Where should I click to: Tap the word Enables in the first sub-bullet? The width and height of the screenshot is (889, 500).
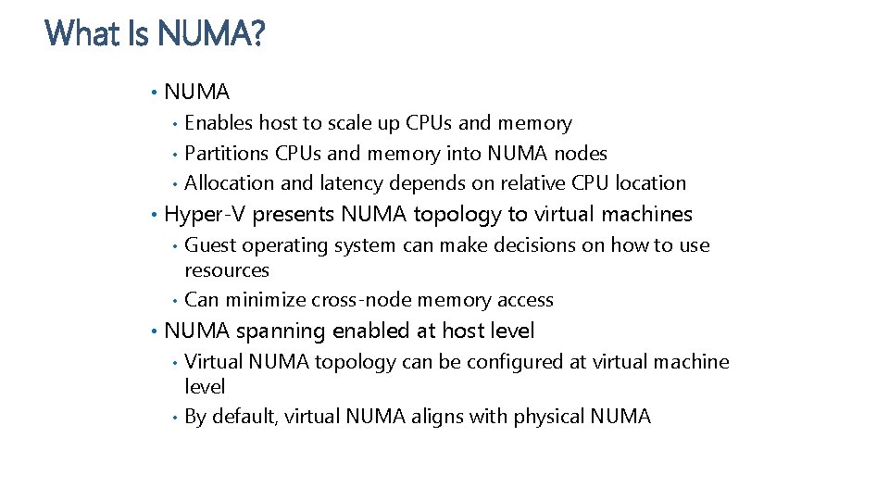click(219, 123)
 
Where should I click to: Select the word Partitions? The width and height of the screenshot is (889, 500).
click(229, 153)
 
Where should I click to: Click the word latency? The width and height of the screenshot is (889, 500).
click(355, 183)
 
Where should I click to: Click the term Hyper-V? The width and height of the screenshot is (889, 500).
click(205, 215)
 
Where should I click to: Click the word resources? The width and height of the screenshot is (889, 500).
click(227, 270)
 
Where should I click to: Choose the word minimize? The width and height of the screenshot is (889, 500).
click(266, 300)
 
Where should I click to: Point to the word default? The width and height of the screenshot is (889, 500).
click(244, 417)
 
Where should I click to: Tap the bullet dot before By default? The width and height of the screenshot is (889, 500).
click(175, 418)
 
